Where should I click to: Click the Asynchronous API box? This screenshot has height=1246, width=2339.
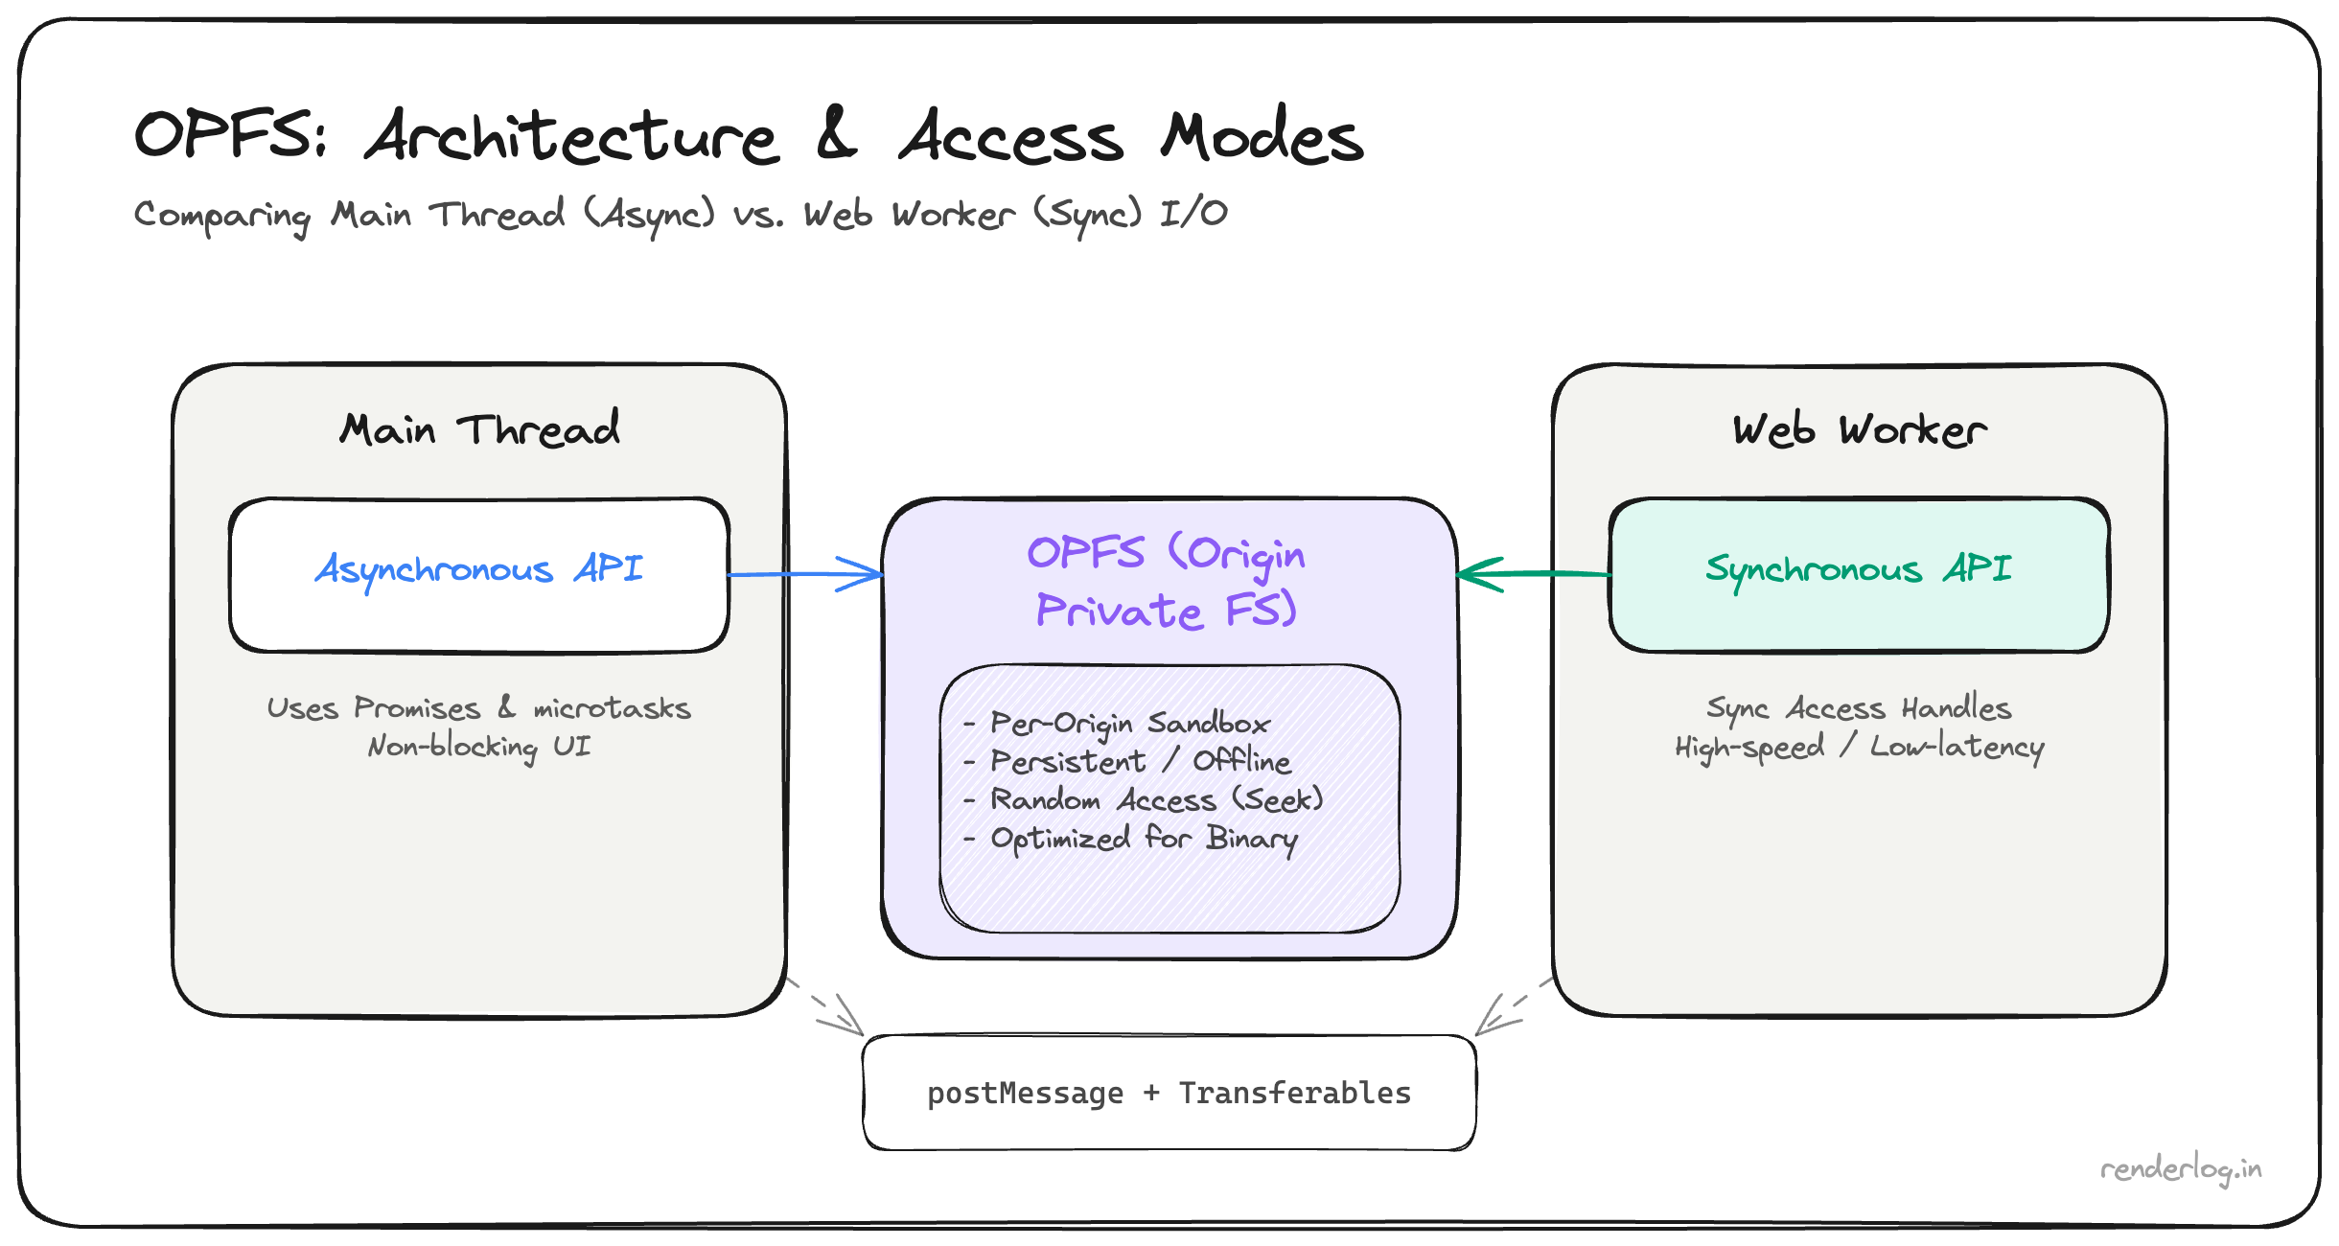coord(479,575)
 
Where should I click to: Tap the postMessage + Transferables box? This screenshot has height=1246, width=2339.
coord(1169,1093)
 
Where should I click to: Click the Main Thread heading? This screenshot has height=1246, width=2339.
coord(479,429)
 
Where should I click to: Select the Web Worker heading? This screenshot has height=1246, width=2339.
coord(1859,430)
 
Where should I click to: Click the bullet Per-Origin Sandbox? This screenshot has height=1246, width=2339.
coord(1129,724)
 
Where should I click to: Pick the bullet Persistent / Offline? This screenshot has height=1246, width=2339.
coord(1140,762)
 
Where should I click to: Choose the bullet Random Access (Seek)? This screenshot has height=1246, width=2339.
coord(1155,800)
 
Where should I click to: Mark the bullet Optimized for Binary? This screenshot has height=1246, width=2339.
coord(1144,840)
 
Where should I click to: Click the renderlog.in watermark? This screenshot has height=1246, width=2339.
coord(2180,1169)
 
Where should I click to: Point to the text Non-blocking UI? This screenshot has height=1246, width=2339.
coord(479,747)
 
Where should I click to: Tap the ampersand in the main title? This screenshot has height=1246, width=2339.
coord(836,134)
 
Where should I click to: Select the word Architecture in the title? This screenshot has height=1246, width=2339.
coord(571,136)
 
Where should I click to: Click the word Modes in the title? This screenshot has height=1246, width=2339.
coord(1262,136)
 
